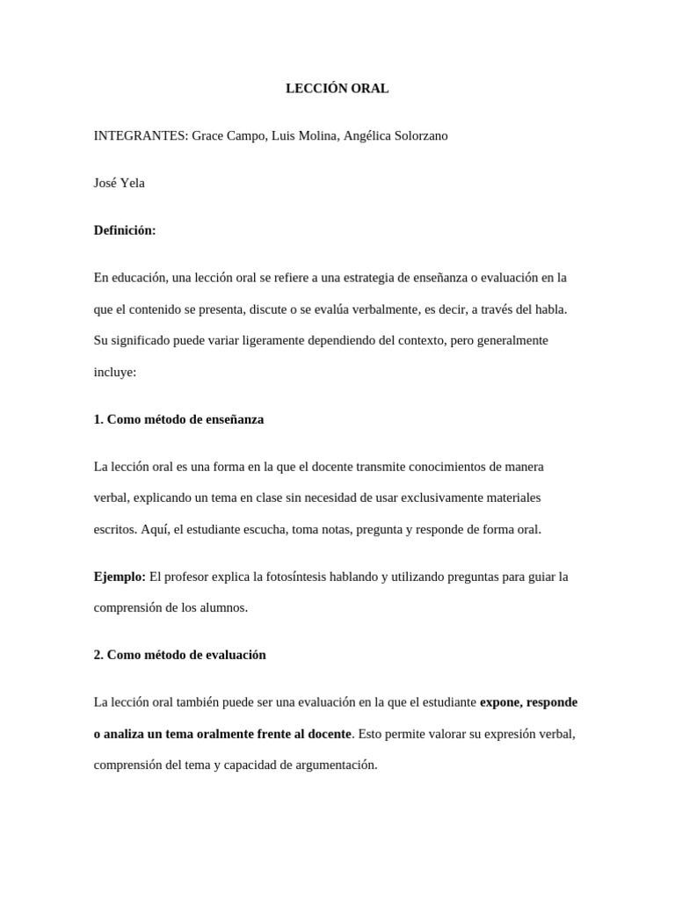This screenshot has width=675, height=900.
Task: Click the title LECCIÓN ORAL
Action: [337, 89]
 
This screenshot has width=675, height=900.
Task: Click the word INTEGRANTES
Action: [139, 136]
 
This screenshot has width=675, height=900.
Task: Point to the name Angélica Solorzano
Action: [396, 136]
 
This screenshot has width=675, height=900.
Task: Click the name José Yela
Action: [120, 183]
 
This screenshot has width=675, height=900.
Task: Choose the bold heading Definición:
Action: [125, 230]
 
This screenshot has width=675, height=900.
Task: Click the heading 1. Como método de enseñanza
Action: [178, 419]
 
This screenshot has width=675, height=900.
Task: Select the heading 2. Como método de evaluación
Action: [179, 655]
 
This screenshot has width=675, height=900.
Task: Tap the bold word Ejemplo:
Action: [120, 577]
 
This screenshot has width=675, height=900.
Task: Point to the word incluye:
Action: [115, 372]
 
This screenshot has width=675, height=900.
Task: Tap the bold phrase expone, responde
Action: [528, 702]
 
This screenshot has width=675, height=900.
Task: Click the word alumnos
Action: [223, 607]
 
